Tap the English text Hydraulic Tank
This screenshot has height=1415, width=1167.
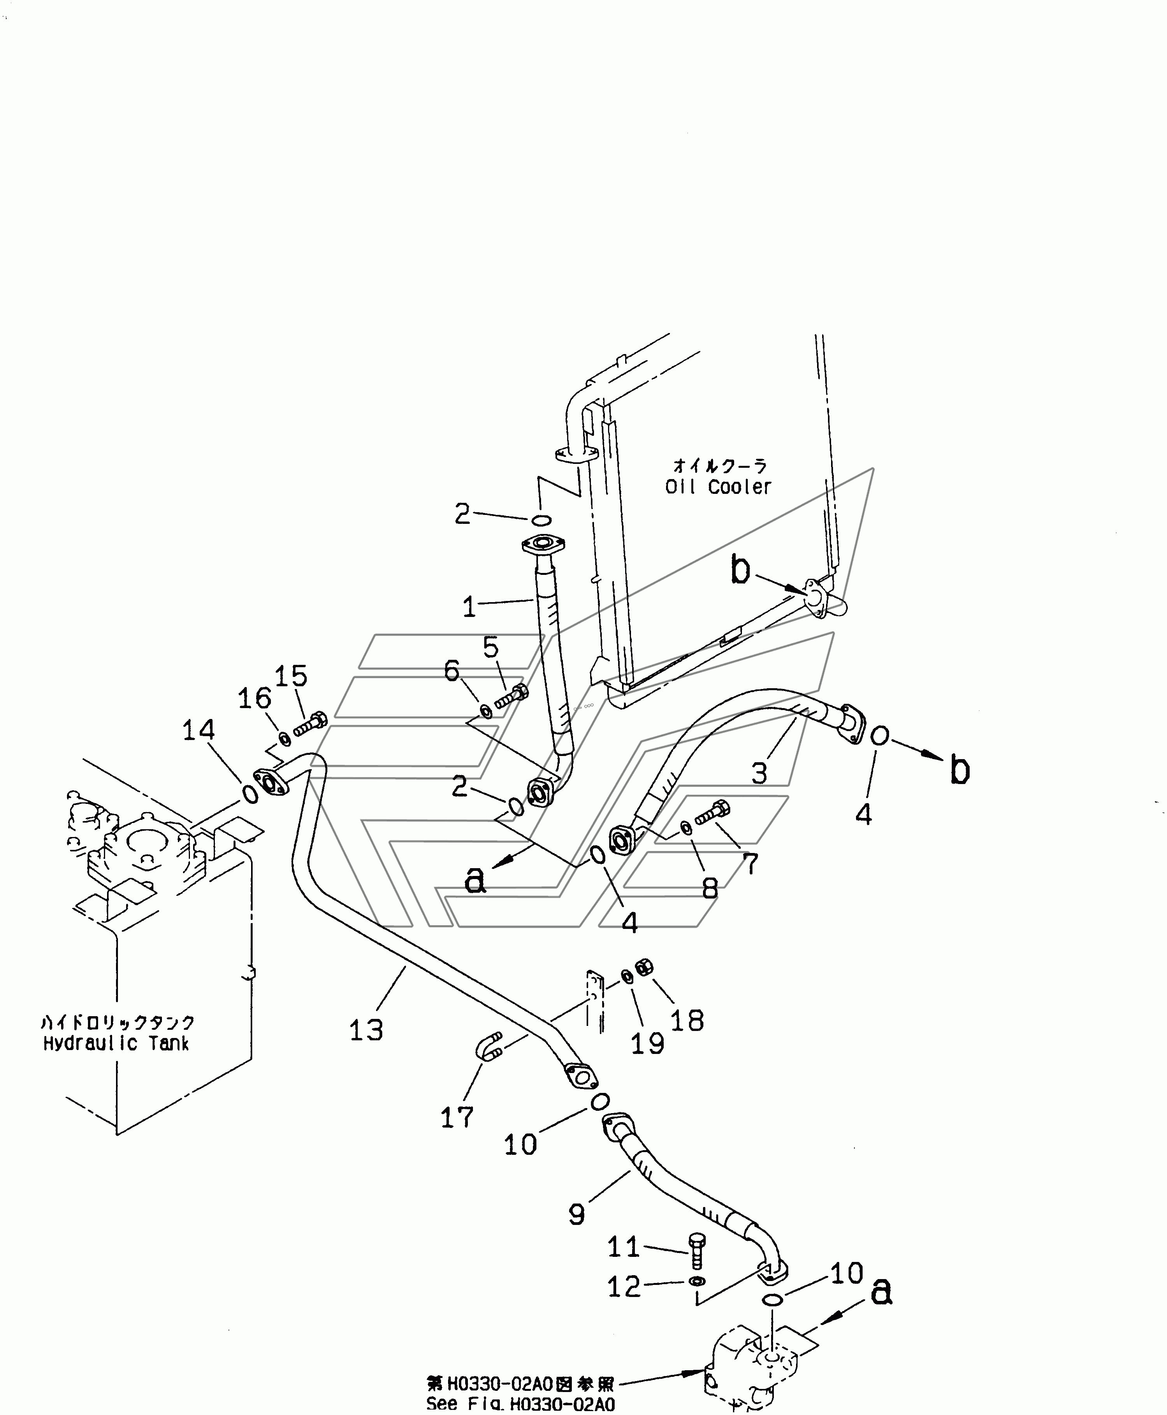tap(116, 1044)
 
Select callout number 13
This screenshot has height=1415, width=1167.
tap(366, 1029)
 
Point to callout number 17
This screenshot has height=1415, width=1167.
tap(457, 1118)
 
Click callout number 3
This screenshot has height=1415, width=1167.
tap(759, 774)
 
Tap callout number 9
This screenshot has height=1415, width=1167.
tap(577, 1214)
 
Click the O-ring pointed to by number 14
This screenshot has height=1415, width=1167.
tap(250, 794)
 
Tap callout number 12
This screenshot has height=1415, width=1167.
tap(624, 1287)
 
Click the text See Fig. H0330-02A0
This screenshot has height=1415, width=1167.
tap(520, 1404)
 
